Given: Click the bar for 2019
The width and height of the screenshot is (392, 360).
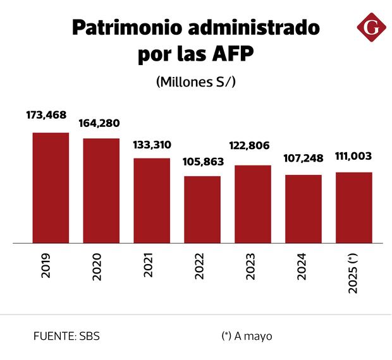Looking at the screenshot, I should click(x=51, y=188).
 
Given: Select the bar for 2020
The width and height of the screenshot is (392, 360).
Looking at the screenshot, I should click(x=101, y=190).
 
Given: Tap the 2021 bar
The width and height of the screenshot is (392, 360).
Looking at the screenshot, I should click(x=152, y=200).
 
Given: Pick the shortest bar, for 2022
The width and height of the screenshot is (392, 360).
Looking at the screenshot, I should click(x=202, y=209).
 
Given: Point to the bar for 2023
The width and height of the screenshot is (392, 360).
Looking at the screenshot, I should click(x=253, y=204).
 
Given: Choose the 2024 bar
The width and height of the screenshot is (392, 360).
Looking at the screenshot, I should click(x=303, y=208).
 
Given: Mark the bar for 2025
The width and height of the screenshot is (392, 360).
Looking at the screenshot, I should click(x=354, y=207).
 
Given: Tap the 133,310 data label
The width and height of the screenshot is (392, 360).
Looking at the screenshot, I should click(x=152, y=145).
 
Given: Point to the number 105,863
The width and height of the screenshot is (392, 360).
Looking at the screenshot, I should click(x=202, y=162).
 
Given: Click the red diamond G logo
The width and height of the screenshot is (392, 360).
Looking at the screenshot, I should click(x=371, y=28).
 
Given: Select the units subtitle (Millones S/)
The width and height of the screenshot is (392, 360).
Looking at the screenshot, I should click(x=195, y=82).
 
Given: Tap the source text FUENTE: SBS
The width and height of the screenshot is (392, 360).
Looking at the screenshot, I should click(x=66, y=336).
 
